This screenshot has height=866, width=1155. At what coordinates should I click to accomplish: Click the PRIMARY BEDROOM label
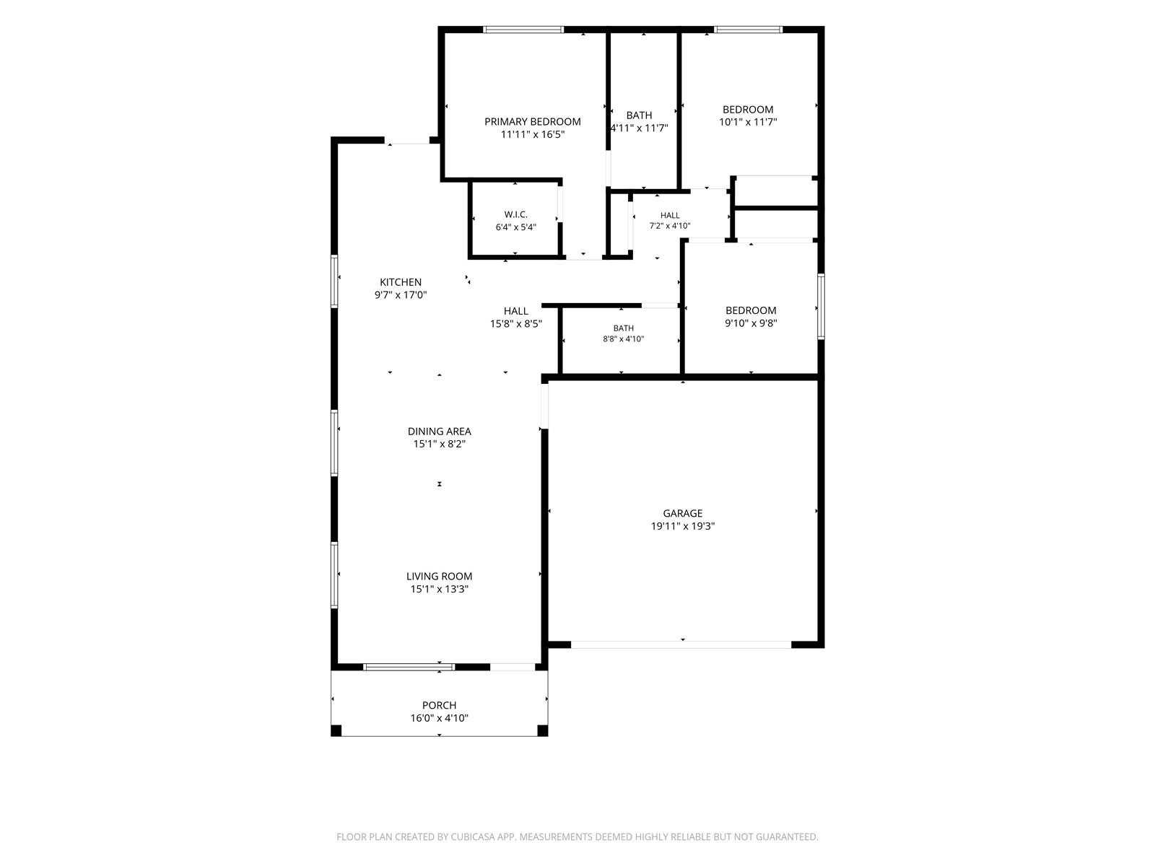point(532,121)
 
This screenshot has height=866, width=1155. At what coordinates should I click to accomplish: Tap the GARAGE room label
point(682,513)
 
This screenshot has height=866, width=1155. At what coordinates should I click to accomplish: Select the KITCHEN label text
point(401,282)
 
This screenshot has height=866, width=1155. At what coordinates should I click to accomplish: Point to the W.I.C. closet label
point(515,214)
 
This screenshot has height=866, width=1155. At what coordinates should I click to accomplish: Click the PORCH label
point(439,705)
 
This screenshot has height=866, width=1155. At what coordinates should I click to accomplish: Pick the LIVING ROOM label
point(439,577)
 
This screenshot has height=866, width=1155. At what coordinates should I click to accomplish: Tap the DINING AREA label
point(440,431)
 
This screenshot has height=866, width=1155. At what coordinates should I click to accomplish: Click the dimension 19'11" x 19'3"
point(682,526)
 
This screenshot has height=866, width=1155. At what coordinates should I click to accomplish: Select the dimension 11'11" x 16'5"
point(533,135)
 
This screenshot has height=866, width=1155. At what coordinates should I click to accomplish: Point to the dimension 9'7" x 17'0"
point(401,295)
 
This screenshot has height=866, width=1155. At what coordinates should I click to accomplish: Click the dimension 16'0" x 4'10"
point(439,718)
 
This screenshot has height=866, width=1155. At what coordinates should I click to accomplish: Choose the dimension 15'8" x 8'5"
point(515,324)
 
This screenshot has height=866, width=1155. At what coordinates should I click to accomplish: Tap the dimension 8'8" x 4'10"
point(623,339)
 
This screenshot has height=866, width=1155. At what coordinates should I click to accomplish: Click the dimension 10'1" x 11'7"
point(748,122)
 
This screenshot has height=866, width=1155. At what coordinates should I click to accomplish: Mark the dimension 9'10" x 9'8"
point(750,323)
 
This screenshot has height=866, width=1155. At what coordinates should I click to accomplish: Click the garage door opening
point(681,644)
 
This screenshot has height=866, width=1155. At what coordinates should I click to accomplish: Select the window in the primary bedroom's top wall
point(523,30)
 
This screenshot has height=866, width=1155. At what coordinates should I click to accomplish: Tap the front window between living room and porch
point(409,667)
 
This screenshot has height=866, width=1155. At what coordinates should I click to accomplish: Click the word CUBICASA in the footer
point(473,836)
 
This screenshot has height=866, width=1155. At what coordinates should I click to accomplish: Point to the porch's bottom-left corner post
point(336,730)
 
